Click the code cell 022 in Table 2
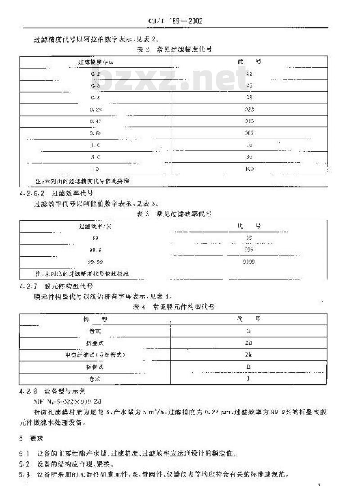point(249,109)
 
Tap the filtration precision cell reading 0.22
point(95,109)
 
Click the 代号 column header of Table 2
point(249,62)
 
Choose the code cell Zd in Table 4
point(249,342)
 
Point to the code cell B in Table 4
point(249,367)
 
